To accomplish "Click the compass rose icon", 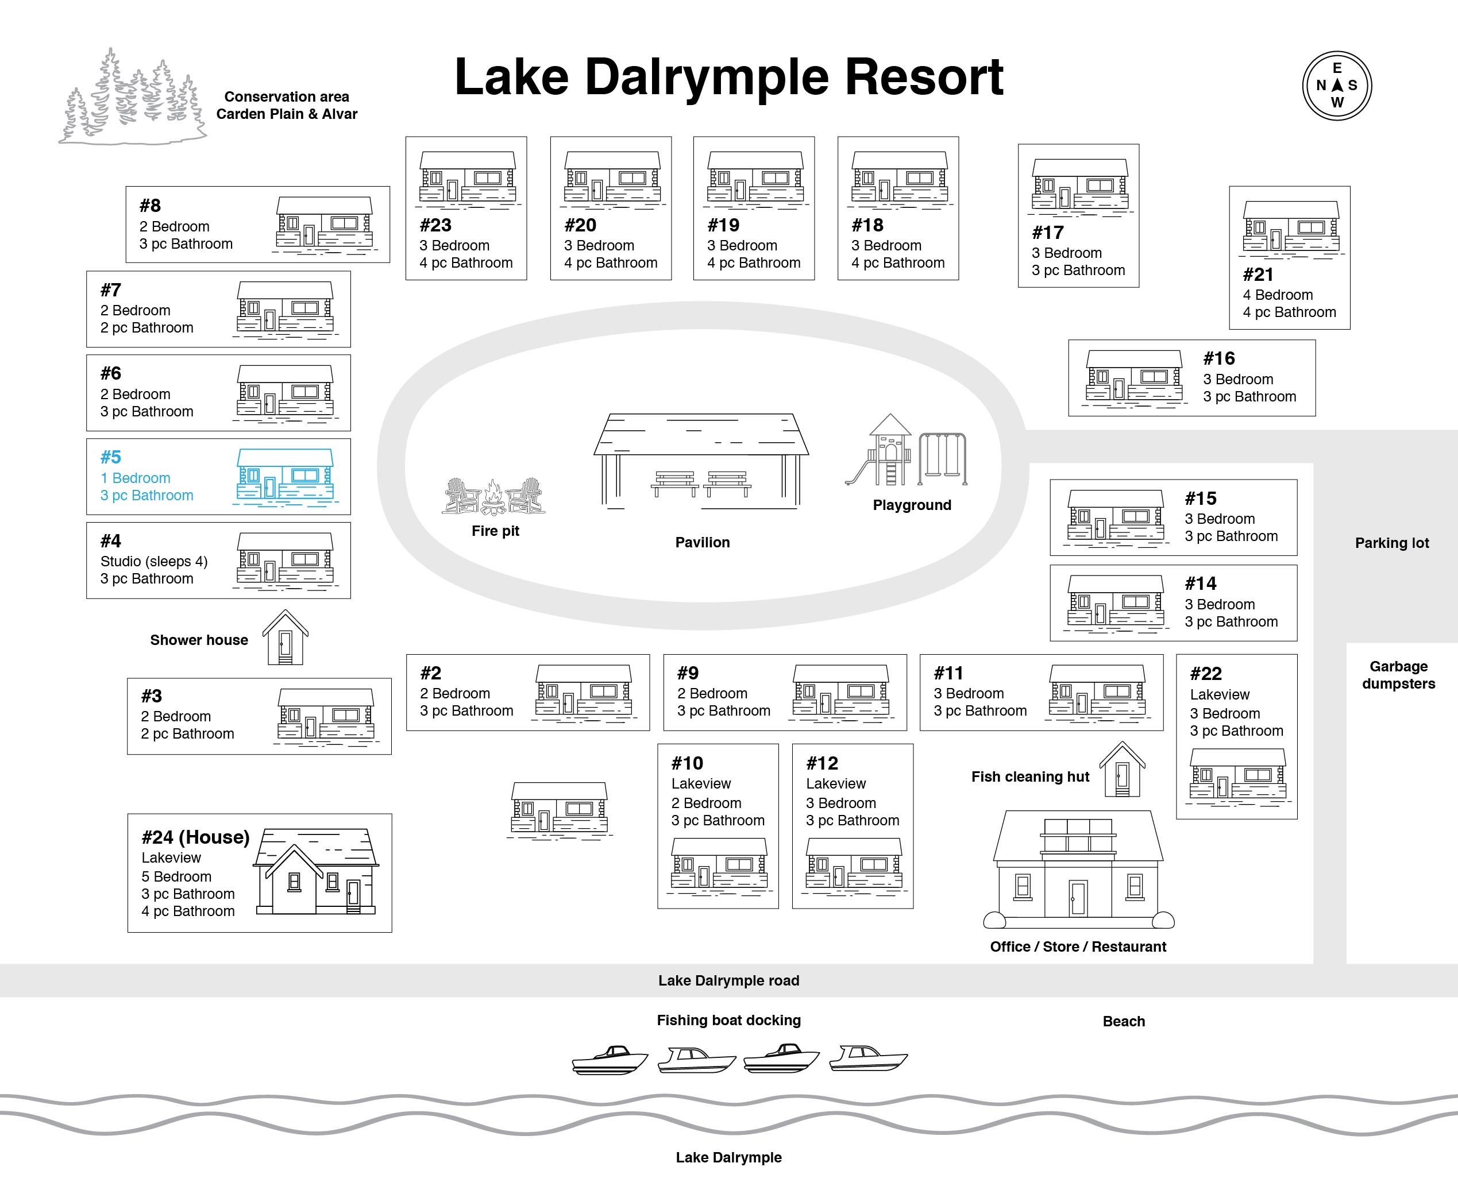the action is click(x=1337, y=86).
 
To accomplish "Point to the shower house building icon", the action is click(x=285, y=637).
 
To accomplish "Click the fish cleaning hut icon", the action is click(x=1122, y=768).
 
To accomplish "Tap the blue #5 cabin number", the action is click(x=110, y=457).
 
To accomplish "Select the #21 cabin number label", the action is click(x=1258, y=274).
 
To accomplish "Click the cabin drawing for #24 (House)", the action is click(x=316, y=871).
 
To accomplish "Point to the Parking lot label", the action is click(x=1391, y=543).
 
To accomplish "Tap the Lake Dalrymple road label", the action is click(x=728, y=980).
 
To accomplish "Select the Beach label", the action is click(x=1124, y=1021).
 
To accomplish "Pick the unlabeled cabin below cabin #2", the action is click(x=560, y=809).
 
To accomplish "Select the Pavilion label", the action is click(x=703, y=542).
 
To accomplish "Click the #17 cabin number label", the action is click(x=1047, y=233).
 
